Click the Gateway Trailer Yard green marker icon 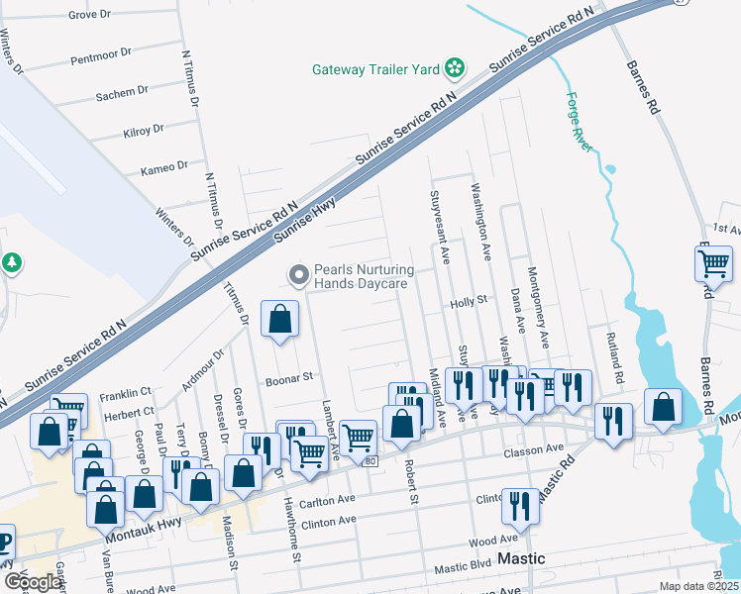click(x=455, y=68)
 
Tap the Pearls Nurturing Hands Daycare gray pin click(x=296, y=274)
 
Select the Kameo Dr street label click(x=163, y=167)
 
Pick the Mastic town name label click(x=521, y=558)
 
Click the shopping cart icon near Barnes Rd click(x=713, y=263)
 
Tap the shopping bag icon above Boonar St click(x=280, y=319)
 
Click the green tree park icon click(x=11, y=263)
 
